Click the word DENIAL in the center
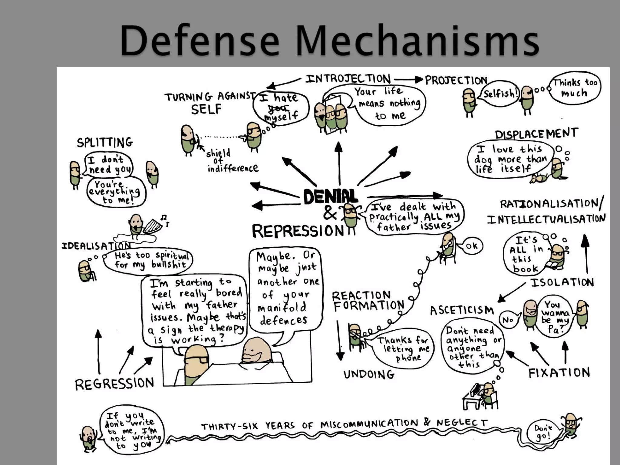tap(331, 197)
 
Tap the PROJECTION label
tap(456, 81)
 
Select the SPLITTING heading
tap(105, 142)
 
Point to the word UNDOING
tap(369, 375)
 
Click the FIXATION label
tap(559, 373)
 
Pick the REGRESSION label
tap(114, 384)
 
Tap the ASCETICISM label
tap(462, 310)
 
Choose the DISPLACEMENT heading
tap(536, 134)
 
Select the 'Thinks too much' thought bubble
tap(575, 88)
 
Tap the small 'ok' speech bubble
tap(472, 246)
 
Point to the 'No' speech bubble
tap(509, 320)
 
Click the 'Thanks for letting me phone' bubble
tap(404, 349)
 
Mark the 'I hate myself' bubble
tap(280, 107)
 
